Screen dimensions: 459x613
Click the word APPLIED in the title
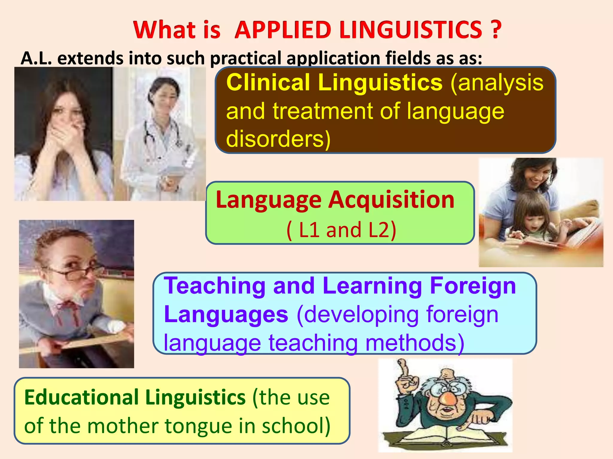(x=283, y=30)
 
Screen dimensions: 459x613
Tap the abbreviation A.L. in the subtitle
(x=36, y=58)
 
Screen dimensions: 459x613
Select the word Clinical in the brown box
(x=268, y=82)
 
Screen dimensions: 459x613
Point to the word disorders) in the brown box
(x=278, y=139)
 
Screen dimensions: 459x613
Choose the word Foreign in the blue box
(x=473, y=286)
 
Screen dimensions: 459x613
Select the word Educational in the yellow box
(x=81, y=397)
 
